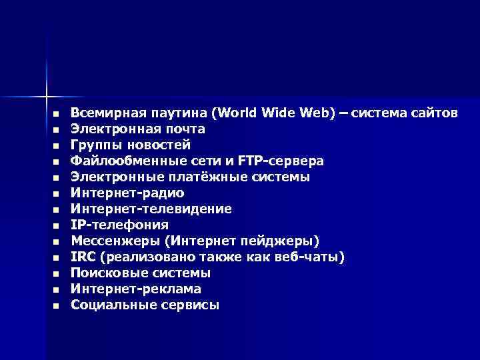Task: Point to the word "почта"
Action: [185, 129]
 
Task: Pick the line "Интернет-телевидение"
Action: [151, 209]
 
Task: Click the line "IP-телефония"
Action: [120, 225]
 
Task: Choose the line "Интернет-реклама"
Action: [136, 289]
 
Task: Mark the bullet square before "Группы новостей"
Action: [56, 145]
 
